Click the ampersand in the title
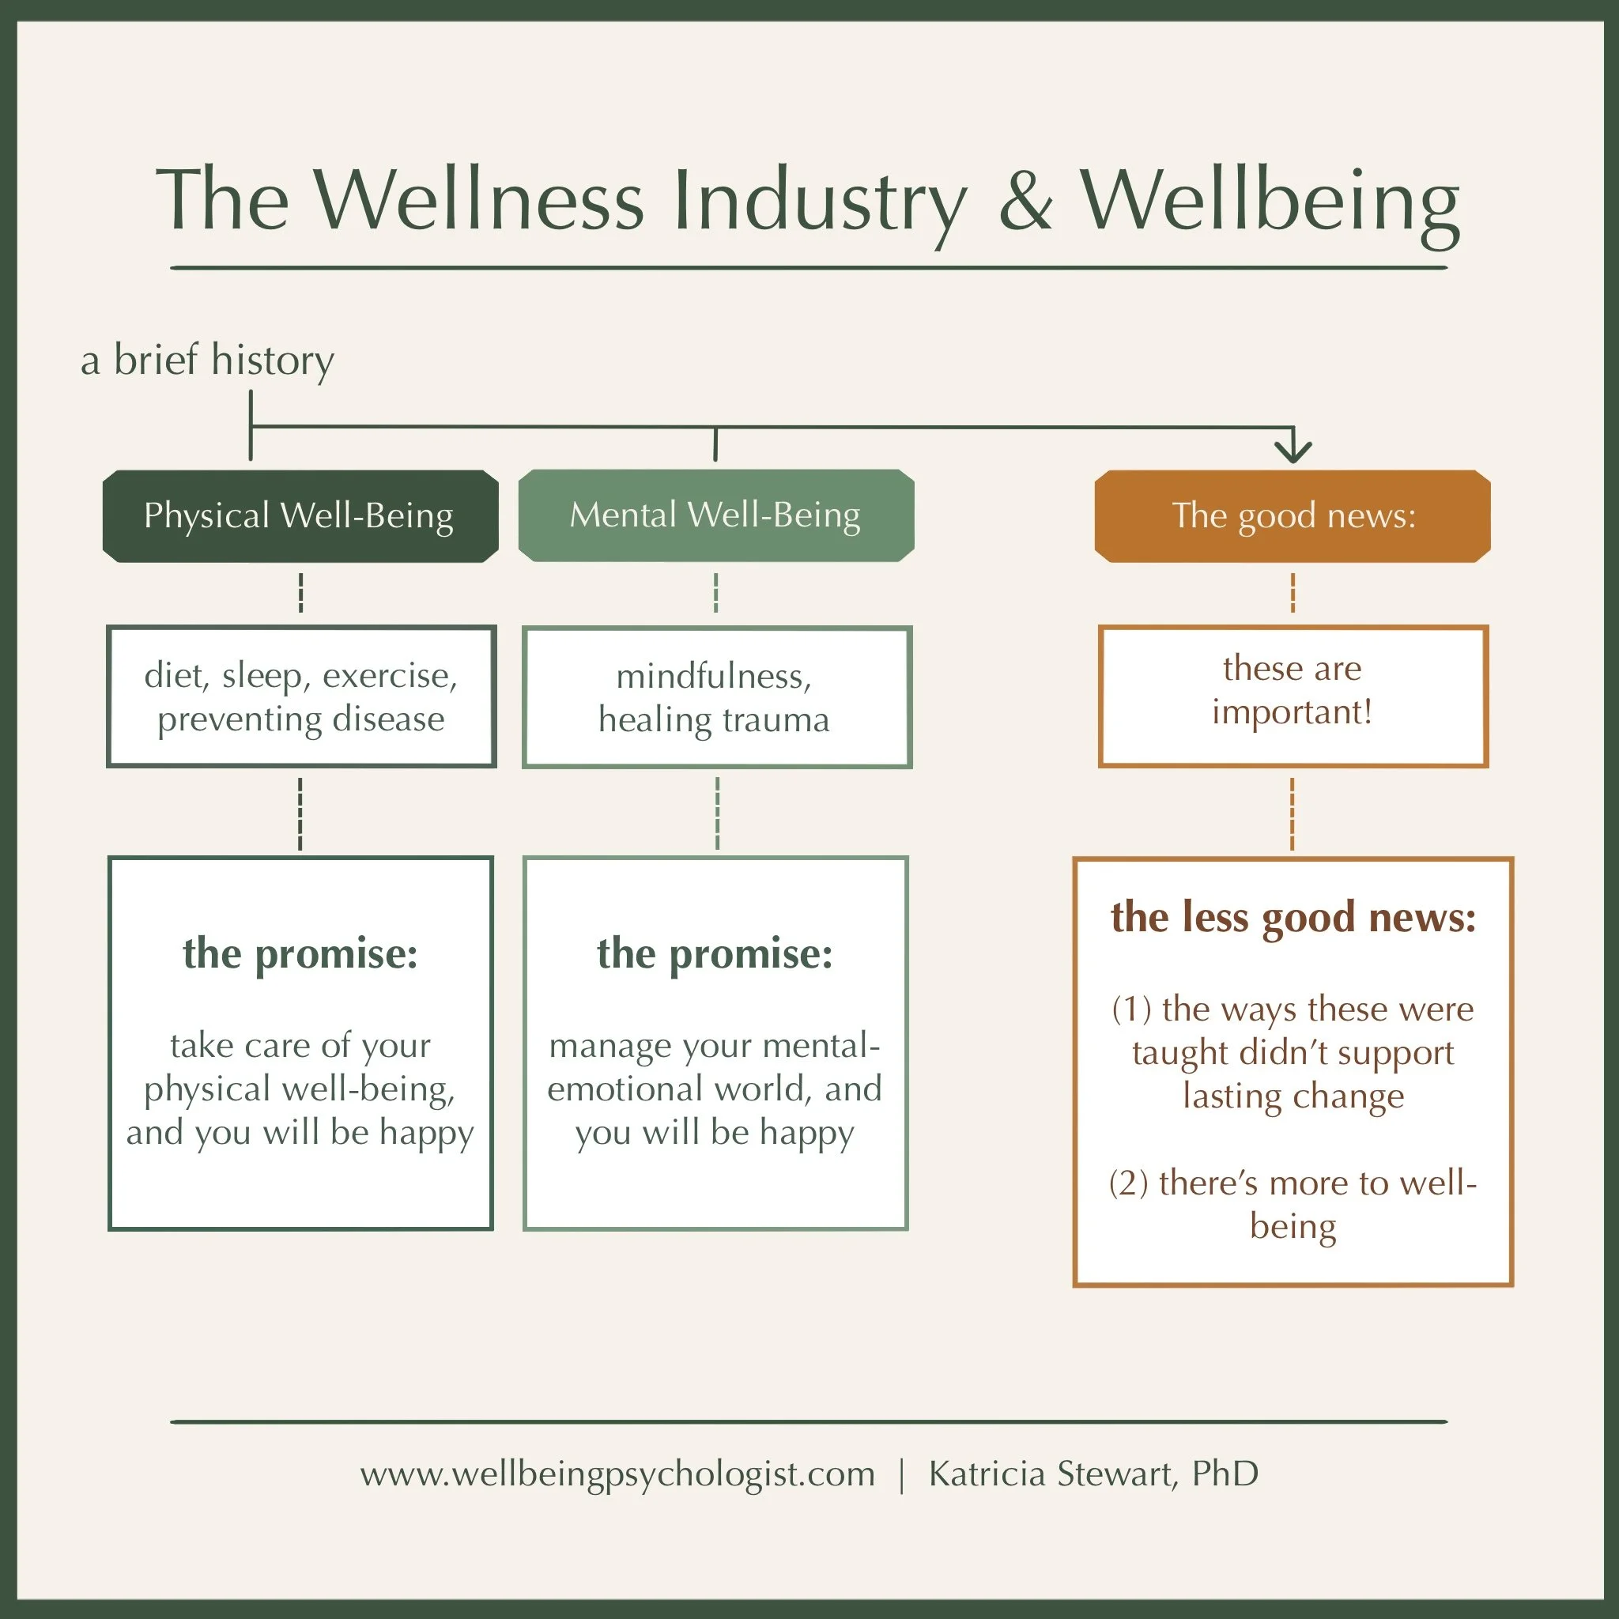1025,201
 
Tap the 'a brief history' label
207,360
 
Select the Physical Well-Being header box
300,515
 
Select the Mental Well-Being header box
715,515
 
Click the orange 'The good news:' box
1293,515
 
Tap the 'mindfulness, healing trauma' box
716,696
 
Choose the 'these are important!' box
1293,695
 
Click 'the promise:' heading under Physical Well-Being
300,953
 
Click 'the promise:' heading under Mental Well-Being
715,953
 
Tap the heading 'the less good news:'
1293,917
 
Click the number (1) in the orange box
1130,1009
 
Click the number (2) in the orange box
1128,1183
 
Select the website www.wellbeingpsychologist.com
617,1474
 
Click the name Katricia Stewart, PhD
1093,1474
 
